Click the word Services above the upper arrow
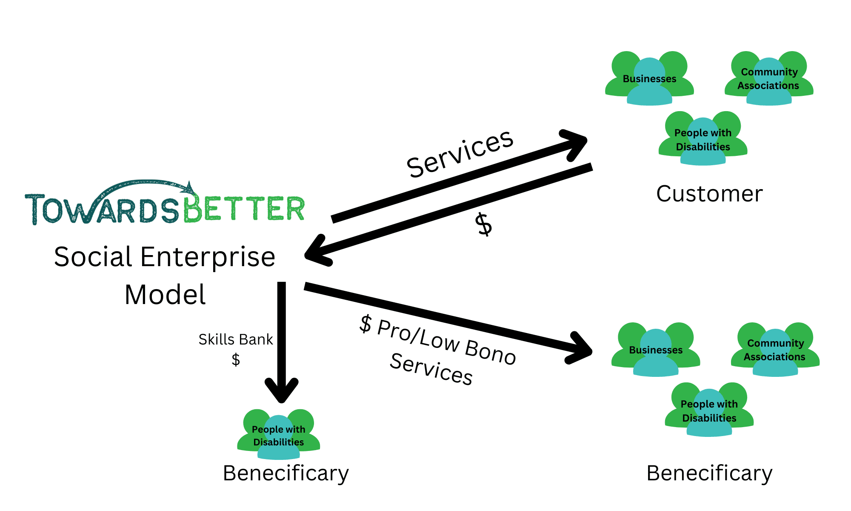click(x=460, y=153)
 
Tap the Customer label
click(x=709, y=194)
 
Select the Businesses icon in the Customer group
click(x=649, y=79)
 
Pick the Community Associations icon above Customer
click(x=768, y=79)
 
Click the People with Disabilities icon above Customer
click(x=703, y=140)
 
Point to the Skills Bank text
click(x=236, y=339)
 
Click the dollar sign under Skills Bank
click(x=236, y=360)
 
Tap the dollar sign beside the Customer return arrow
click(x=484, y=224)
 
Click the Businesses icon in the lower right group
click(x=656, y=350)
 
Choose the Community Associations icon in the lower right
click(x=775, y=350)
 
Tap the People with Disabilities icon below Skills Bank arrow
click(x=278, y=436)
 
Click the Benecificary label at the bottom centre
click(x=286, y=473)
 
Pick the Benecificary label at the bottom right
click(x=709, y=473)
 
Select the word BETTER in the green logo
click(x=245, y=209)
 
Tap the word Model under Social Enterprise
click(x=165, y=295)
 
